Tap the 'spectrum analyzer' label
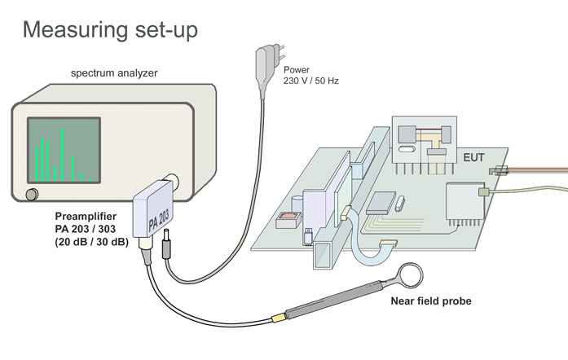114,73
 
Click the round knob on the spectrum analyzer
31,194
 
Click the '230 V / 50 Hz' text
311,82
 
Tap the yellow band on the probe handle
278,317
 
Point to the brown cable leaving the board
538,170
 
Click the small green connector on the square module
482,192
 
